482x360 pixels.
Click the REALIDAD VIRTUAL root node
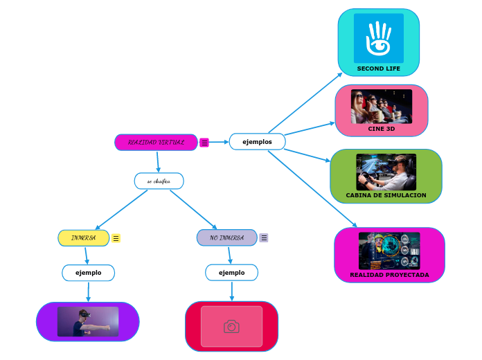point(156,142)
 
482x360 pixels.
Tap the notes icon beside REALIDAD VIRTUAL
point(204,143)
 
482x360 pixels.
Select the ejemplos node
point(257,142)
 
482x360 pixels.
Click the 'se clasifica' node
point(159,181)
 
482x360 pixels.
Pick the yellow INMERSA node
point(84,238)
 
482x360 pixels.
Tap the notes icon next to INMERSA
point(116,238)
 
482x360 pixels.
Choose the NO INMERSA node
point(226,238)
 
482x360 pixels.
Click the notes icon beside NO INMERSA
point(264,237)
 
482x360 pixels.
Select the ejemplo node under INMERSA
point(88,273)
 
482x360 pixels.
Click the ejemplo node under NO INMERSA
point(231,273)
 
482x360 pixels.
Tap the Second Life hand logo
point(378,38)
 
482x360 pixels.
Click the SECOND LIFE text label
point(378,69)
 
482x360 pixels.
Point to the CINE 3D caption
point(382,129)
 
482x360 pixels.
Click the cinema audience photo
point(382,107)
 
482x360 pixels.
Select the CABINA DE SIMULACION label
point(386,195)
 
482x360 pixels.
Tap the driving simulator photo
point(386,172)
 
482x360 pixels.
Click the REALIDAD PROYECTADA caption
point(389,275)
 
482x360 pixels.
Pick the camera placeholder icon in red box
point(231,326)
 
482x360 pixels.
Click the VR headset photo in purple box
point(88,322)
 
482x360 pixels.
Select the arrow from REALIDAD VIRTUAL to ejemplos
point(219,142)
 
